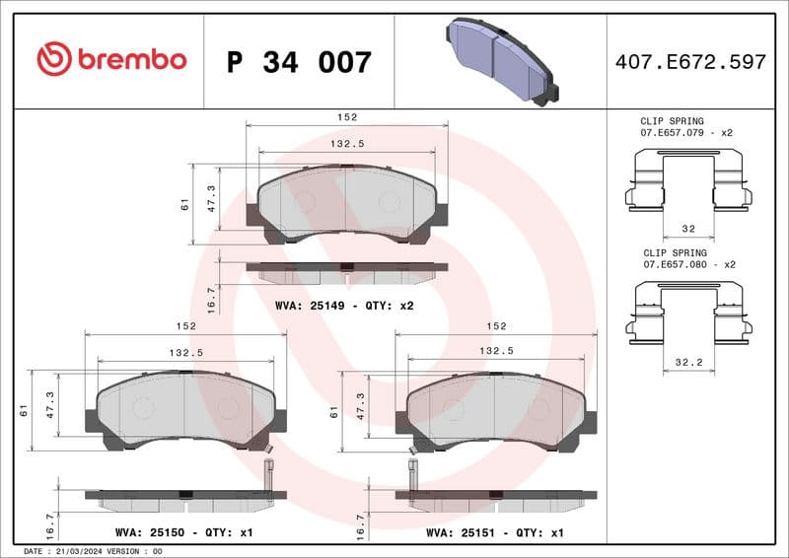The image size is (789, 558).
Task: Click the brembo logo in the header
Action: tap(110, 59)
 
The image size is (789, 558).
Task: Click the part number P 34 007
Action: tap(299, 62)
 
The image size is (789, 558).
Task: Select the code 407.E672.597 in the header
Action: tap(689, 62)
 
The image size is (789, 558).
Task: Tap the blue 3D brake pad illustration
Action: tap(500, 59)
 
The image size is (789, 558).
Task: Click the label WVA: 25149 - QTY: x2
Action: tap(344, 306)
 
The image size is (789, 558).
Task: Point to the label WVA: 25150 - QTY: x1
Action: tap(184, 532)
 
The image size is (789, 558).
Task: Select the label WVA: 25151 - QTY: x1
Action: tap(494, 532)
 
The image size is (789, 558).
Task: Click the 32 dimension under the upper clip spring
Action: tap(687, 228)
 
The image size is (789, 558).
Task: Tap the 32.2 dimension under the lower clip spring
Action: tap(687, 362)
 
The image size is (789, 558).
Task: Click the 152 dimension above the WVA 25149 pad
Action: tap(346, 116)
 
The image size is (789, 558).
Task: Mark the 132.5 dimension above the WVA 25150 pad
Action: tap(185, 351)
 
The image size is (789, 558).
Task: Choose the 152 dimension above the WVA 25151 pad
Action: tap(496, 325)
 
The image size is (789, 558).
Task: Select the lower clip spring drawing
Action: tap(688, 313)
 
